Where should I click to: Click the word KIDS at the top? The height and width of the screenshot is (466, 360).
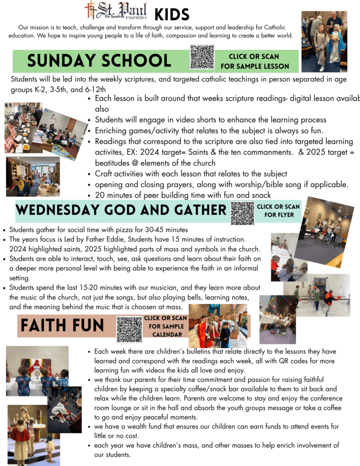tap(172, 14)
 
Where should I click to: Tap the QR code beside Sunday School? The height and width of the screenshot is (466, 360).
tap(202, 57)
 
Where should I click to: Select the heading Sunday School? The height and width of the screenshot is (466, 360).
tap(99, 61)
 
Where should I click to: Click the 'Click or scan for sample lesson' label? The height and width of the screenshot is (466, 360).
tap(255, 61)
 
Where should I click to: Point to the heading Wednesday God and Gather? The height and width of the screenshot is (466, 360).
tap(121, 210)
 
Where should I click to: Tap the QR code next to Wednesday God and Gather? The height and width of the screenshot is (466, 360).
tap(242, 213)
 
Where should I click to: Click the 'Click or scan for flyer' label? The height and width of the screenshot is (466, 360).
tap(279, 211)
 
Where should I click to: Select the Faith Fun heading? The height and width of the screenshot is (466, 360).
tap(62, 325)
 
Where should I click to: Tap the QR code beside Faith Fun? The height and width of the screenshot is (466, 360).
tap(129, 329)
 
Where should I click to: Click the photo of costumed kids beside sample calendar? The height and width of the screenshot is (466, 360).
tap(218, 326)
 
